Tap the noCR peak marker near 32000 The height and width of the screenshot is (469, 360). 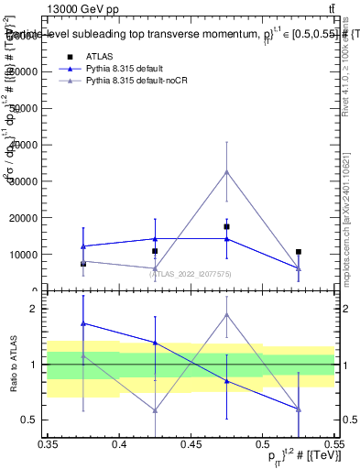pyautogui.click(x=226, y=171)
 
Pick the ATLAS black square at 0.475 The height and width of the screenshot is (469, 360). pyautogui.click(x=226, y=226)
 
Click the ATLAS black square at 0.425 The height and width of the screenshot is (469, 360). pyautogui.click(x=155, y=251)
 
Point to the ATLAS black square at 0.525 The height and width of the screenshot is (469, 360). pyautogui.click(x=298, y=252)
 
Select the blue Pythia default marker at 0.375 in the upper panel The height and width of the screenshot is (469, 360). pyautogui.click(x=83, y=246)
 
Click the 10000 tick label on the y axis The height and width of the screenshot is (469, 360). pyautogui.click(x=27, y=255)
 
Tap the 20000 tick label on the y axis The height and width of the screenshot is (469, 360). pyautogui.click(x=27, y=218)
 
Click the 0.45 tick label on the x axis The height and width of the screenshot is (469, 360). pyautogui.click(x=191, y=444)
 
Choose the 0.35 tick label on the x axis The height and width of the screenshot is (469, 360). pyautogui.click(x=48, y=444)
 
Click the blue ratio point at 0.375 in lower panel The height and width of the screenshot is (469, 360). pyautogui.click(x=83, y=323)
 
